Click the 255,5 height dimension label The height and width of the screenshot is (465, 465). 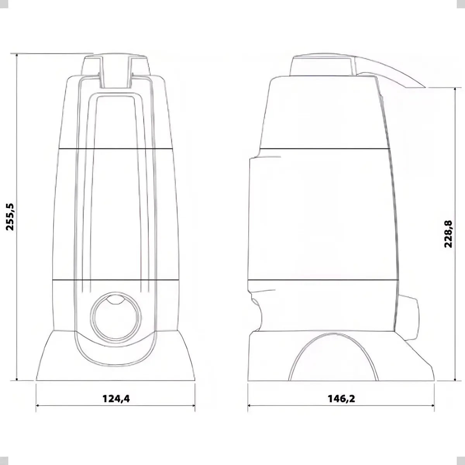tap(10, 217)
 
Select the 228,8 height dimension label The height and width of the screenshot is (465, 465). tap(448, 234)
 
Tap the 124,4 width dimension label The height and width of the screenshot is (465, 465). tap(116, 398)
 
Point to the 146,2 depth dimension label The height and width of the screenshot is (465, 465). tap(341, 398)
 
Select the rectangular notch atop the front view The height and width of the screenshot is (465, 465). tap(115, 72)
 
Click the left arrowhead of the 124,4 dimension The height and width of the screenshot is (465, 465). tap(37, 405)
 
